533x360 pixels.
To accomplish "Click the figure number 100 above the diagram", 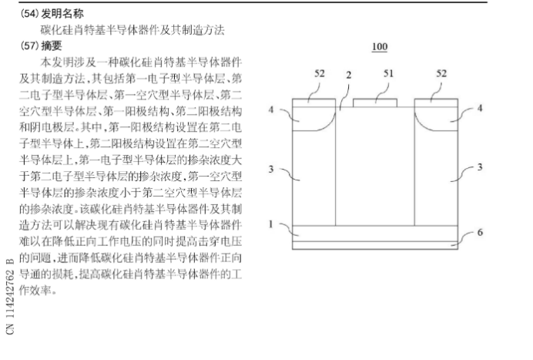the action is point(380,46).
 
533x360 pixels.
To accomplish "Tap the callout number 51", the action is point(388,73).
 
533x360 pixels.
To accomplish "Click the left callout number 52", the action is point(319,73).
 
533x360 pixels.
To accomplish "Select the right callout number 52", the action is point(441,73).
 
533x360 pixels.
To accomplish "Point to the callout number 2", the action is point(348,76).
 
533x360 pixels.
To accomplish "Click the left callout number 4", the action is point(271,109).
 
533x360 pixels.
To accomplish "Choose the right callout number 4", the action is point(480,108).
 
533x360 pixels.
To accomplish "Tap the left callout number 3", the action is point(271,169).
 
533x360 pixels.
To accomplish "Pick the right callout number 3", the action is point(480,167).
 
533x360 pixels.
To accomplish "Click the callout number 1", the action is point(271,224).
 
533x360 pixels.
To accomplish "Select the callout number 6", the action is point(480,232).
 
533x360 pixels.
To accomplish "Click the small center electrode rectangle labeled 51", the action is point(375,103).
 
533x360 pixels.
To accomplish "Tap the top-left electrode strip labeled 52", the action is point(313,103).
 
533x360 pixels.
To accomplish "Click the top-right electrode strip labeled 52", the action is point(436,103).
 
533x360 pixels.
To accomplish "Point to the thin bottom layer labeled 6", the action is point(375,245).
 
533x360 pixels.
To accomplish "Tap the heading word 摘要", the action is point(52,45).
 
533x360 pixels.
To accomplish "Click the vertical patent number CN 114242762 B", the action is point(10,296).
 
